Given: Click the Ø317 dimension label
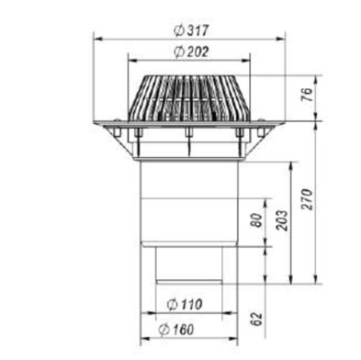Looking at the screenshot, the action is point(191,30).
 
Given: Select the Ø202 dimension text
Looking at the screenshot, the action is point(191,51).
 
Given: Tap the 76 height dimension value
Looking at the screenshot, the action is point(307,94).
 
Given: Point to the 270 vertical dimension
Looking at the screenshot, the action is point(307,199).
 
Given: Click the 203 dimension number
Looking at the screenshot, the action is point(282,220).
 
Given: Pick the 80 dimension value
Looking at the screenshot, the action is point(257,220).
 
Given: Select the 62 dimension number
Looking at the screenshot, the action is point(257,319).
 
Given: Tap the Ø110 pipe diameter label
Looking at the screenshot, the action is point(185,304).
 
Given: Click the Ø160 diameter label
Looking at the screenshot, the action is point(176,330).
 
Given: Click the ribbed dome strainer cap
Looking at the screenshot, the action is point(189,98).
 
